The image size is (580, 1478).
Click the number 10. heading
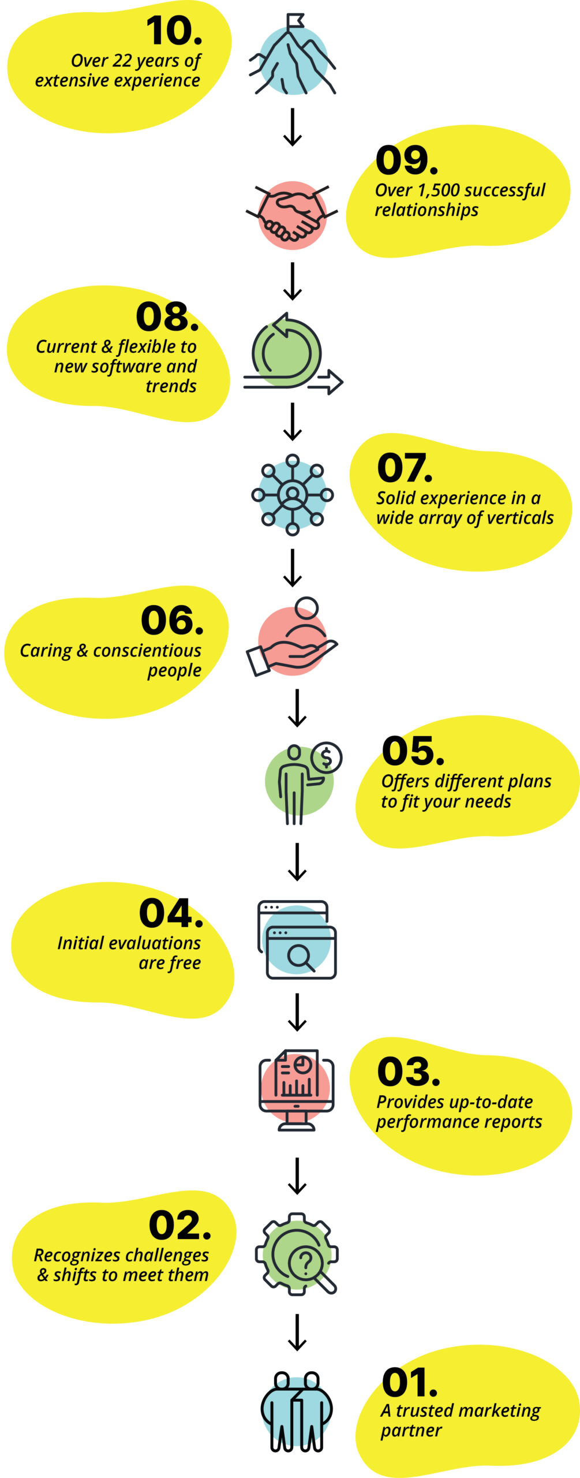coord(174,31)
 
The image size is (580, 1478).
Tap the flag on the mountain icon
coord(295,22)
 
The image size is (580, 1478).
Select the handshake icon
coord(292,212)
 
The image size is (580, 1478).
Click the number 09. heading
coord(406,161)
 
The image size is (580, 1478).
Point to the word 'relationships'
coord(426,210)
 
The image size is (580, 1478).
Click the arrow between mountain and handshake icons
coord(293,127)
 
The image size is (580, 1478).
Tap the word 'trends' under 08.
coord(171,386)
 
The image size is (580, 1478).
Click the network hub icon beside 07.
coord(293,495)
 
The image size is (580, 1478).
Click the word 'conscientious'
coord(147,651)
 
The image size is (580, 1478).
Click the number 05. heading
coord(413,752)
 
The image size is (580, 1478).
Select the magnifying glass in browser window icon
coord(297,940)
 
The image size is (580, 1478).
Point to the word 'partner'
coord(411,1431)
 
